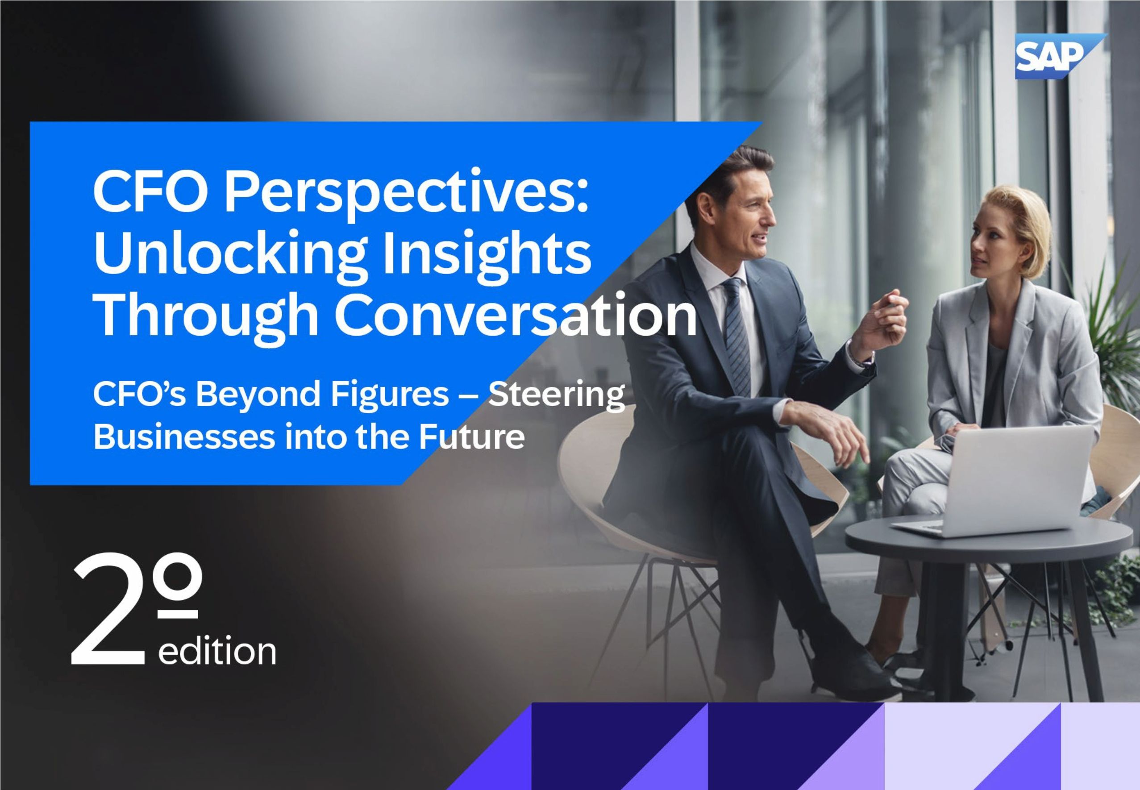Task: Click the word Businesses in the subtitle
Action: point(183,437)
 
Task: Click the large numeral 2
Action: point(109,610)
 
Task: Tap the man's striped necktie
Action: point(737,337)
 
